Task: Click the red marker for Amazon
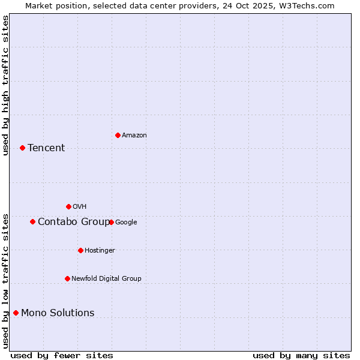tap(118, 135)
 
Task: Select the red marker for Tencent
tap(22, 148)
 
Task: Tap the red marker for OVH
tap(68, 206)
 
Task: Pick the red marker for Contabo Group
tap(32, 221)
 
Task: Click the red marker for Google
tap(111, 222)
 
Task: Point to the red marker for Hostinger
tap(80, 250)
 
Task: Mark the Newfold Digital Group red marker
tap(67, 278)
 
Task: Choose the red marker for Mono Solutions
tap(16, 313)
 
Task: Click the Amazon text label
tap(134, 136)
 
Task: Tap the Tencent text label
tap(46, 148)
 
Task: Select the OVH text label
tap(79, 207)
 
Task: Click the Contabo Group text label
tap(73, 222)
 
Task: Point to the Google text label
tap(126, 223)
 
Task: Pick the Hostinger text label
tap(100, 251)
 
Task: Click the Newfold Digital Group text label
tap(106, 279)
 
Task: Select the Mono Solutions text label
tap(58, 313)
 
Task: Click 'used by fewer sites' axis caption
tap(62, 356)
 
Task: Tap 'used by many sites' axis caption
tap(301, 356)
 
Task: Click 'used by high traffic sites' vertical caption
tap(5, 85)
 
